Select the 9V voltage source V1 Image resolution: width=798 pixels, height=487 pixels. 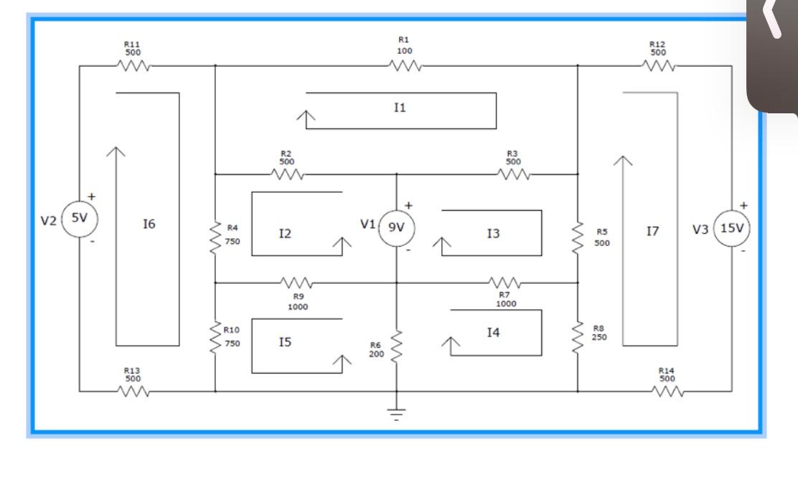tap(395, 229)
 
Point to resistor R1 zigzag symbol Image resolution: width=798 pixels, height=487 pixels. tap(405, 66)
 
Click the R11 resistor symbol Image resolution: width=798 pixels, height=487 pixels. tap(133, 66)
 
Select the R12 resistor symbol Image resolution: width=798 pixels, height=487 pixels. tap(657, 66)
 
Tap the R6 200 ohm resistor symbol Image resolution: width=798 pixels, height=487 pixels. tap(395, 348)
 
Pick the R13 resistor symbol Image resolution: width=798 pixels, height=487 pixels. tap(133, 392)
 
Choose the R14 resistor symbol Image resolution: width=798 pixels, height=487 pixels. tap(667, 392)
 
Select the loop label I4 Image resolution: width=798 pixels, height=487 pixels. tap(492, 332)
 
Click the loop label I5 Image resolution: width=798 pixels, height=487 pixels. tap(285, 343)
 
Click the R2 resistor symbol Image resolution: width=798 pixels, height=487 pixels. tap(288, 174)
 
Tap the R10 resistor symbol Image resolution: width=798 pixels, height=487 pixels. tap(215, 336)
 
